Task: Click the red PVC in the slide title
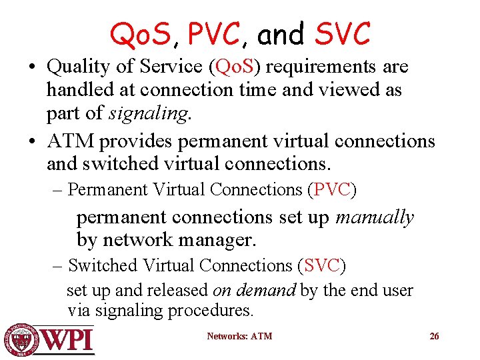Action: [213, 35]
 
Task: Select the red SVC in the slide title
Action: [342, 35]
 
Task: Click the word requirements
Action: [311, 67]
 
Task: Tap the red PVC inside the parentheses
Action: [331, 189]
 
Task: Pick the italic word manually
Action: [375, 217]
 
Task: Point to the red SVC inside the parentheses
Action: [321, 265]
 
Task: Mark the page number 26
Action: [434, 336]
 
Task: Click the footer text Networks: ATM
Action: [239, 336]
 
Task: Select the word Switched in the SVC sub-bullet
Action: [102, 265]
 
